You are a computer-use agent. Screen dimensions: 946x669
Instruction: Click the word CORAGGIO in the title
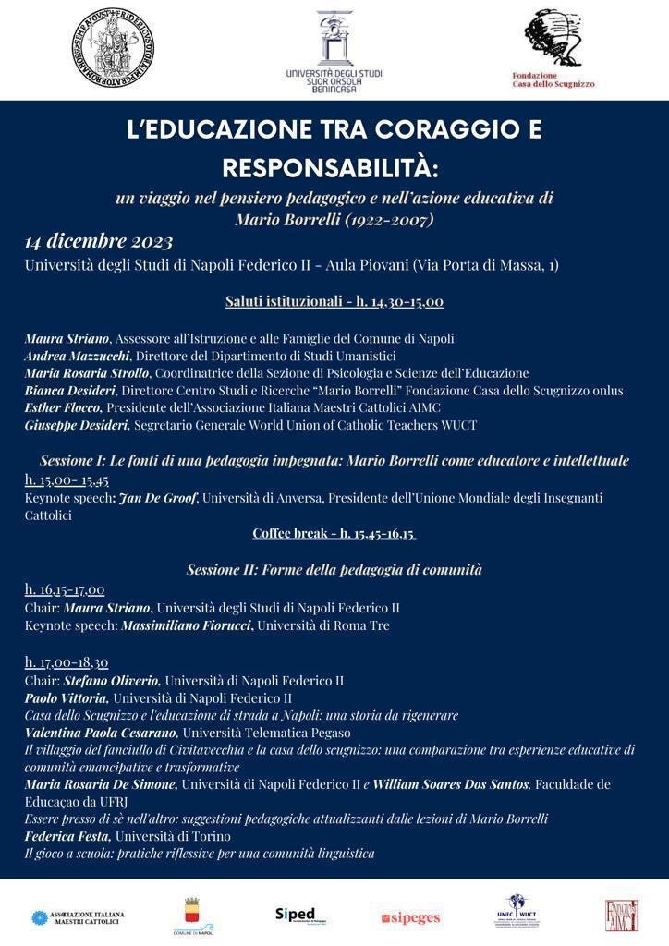pyautogui.click(x=437, y=130)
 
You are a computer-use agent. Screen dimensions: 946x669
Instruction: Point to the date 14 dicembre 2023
pyautogui.click(x=99, y=242)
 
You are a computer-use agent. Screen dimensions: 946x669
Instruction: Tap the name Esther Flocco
pyautogui.click(x=63, y=406)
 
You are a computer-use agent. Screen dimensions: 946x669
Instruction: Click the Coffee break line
pyautogui.click(x=334, y=533)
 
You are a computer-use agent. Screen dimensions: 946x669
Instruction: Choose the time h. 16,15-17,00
pyautogui.click(x=65, y=589)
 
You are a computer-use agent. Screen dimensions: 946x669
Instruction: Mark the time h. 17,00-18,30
pyautogui.click(x=66, y=661)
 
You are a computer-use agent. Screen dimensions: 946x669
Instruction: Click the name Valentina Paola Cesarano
pyautogui.click(x=101, y=733)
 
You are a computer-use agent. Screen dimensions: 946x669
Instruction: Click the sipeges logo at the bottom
pyautogui.click(x=411, y=917)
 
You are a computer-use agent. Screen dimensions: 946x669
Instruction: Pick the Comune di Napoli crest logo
pyautogui.click(x=192, y=916)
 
